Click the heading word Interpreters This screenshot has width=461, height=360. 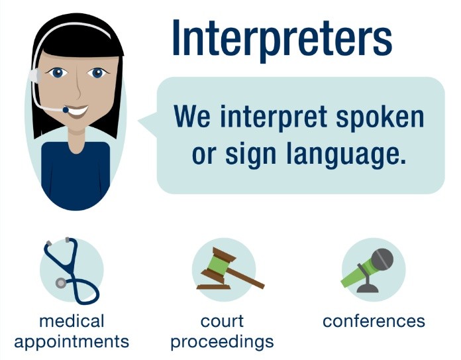[x=282, y=38]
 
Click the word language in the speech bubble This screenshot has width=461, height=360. [x=348, y=155]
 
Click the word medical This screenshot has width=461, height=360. [x=72, y=322]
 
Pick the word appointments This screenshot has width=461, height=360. [x=72, y=342]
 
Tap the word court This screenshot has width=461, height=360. [x=223, y=322]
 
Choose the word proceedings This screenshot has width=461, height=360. [x=223, y=342]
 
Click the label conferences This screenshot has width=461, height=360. [x=374, y=322]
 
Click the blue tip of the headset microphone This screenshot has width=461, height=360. [x=66, y=109]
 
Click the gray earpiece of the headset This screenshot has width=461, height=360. [x=37, y=76]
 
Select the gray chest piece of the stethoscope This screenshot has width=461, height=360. [x=62, y=282]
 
